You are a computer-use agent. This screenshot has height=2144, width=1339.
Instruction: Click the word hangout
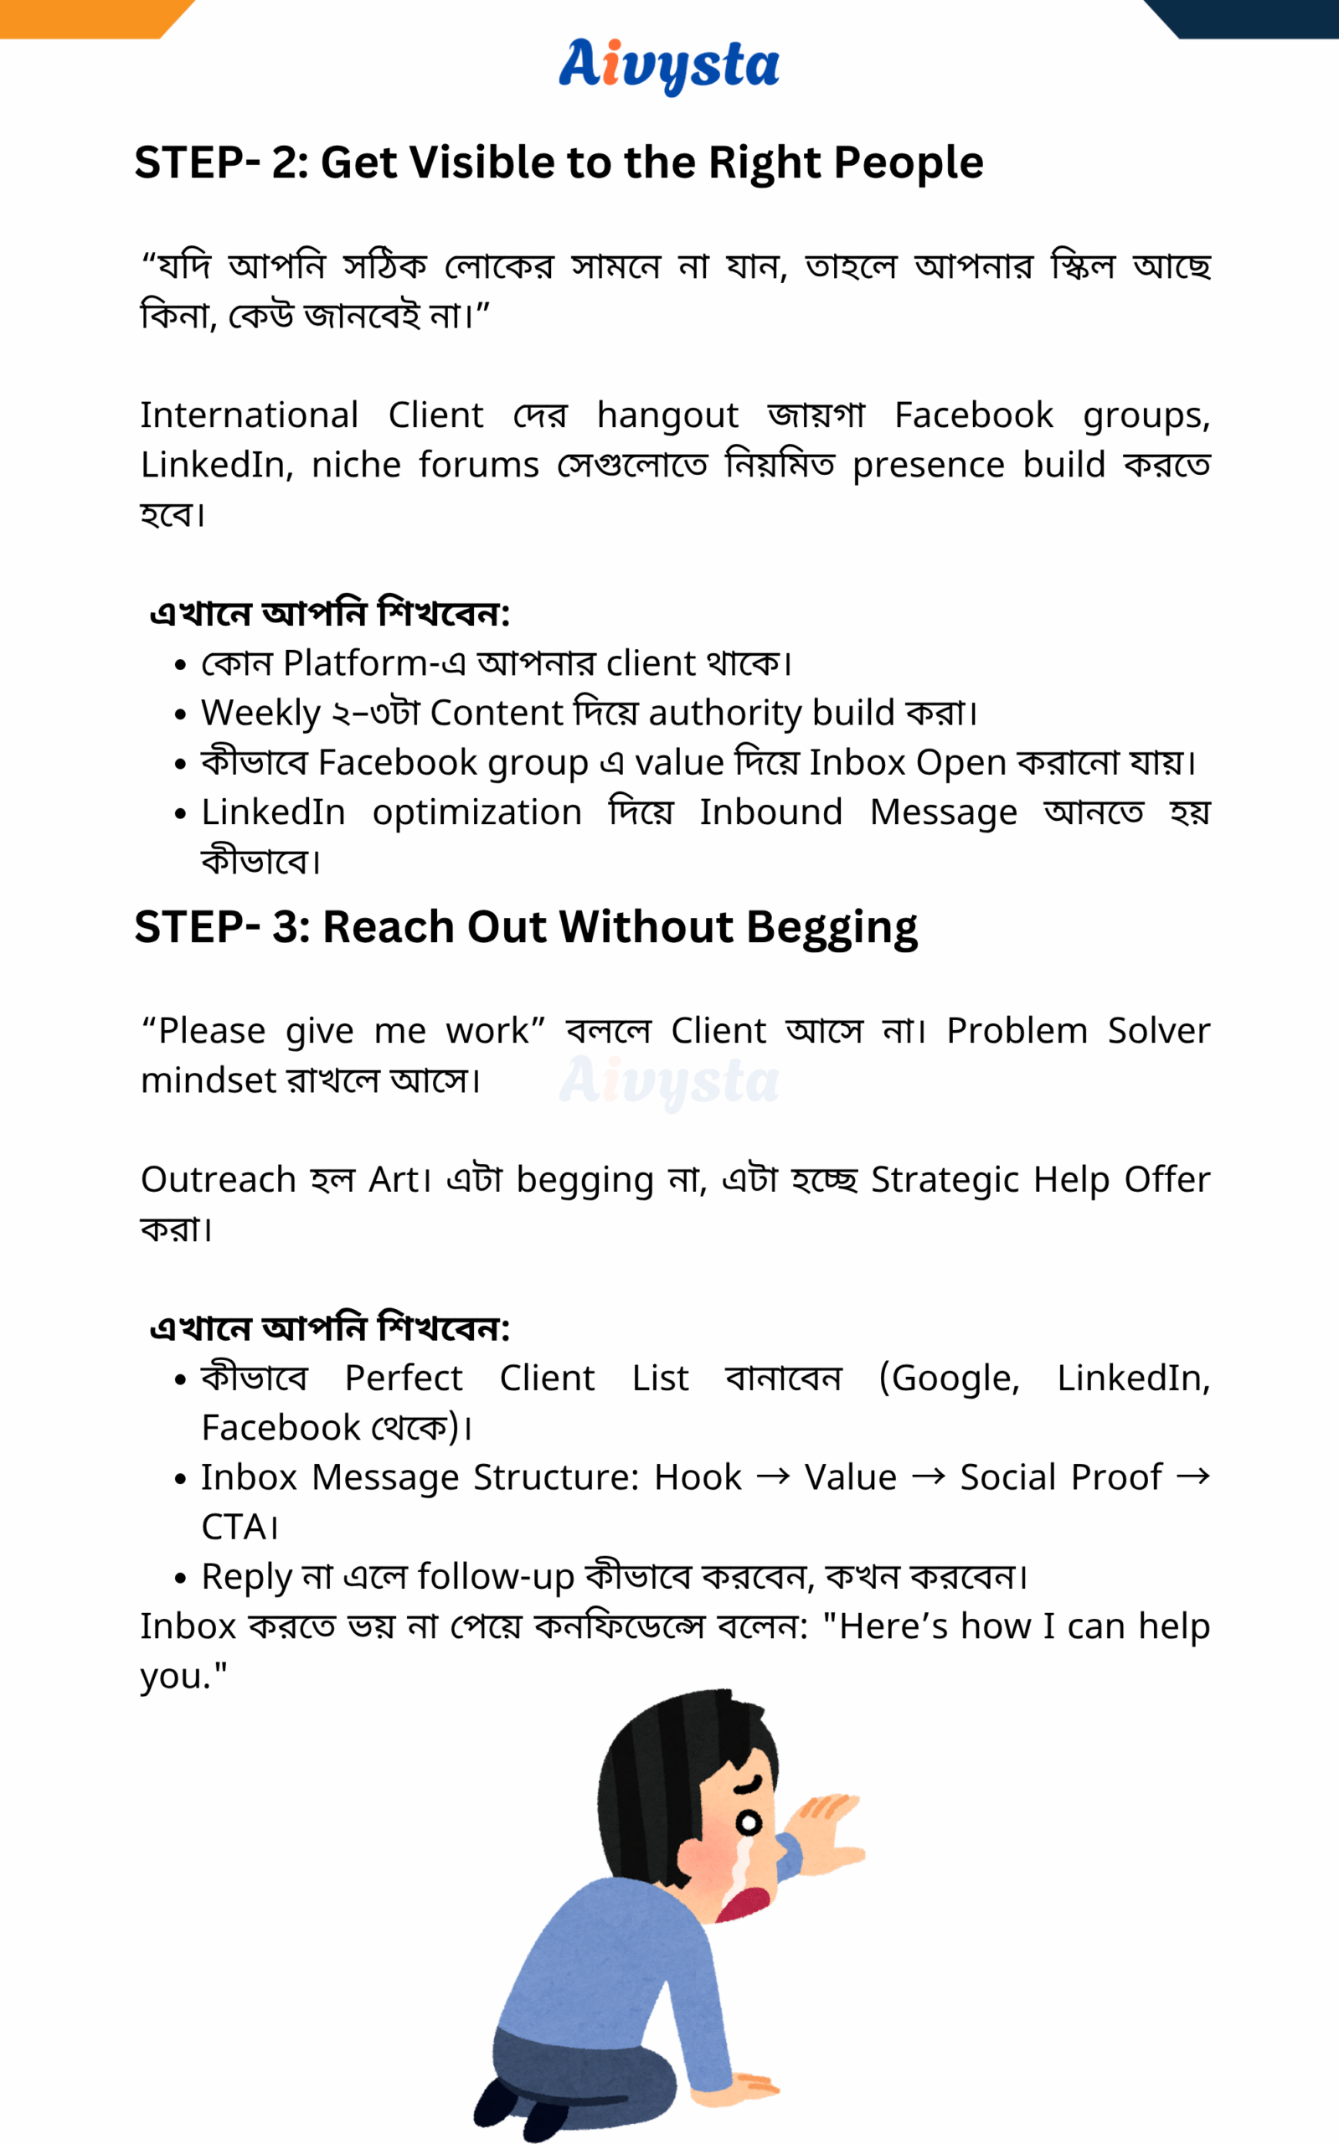(667, 416)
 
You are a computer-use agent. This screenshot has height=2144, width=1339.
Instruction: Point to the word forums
(478, 466)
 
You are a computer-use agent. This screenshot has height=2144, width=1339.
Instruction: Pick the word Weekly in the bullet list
(260, 713)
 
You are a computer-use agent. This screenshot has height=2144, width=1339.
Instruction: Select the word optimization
(476, 813)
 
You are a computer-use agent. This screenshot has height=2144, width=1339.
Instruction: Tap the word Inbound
(770, 812)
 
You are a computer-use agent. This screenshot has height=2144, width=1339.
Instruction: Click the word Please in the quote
(212, 1031)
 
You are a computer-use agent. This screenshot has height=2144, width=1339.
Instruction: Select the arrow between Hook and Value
(773, 1477)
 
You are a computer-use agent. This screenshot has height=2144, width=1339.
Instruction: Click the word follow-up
(496, 1577)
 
